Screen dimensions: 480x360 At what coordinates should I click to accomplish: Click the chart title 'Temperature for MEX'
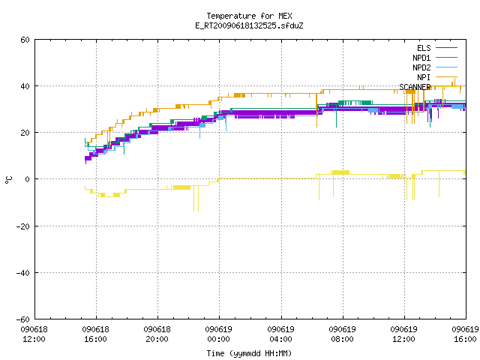coord(249,16)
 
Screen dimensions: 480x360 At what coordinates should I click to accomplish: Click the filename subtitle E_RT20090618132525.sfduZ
coord(249,25)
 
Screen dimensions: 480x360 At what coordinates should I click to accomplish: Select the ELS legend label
coord(424,48)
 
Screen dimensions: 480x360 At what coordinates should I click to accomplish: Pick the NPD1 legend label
coord(421,58)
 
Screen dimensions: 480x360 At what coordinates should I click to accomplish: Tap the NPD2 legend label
coord(421,67)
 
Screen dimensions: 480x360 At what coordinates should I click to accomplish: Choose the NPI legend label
coord(424,77)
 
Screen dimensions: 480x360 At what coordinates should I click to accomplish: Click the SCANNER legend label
coord(415,87)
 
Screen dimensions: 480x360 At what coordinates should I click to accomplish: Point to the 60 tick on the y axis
coord(25,40)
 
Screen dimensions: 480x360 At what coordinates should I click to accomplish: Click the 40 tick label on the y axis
coord(25,86)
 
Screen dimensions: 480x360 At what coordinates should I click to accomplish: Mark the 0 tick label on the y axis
coord(28,179)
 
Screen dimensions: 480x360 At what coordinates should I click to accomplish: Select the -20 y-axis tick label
coord(23,226)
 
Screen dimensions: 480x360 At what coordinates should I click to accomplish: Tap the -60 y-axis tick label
coord(23,319)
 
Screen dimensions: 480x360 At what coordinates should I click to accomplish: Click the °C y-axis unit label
coord(8,180)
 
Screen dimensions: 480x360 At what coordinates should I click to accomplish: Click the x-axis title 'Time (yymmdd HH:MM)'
coord(249,353)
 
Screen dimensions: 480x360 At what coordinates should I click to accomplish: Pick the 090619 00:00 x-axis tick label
coord(218,334)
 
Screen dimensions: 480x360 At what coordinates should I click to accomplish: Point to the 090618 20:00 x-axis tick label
coord(157,334)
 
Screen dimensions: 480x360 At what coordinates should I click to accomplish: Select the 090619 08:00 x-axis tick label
coord(342,334)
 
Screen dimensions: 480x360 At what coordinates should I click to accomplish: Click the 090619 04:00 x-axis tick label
coord(280,334)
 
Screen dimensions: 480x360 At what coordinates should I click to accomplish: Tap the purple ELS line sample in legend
coord(446,48)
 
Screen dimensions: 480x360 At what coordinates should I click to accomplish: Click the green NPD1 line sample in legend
coord(446,57)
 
